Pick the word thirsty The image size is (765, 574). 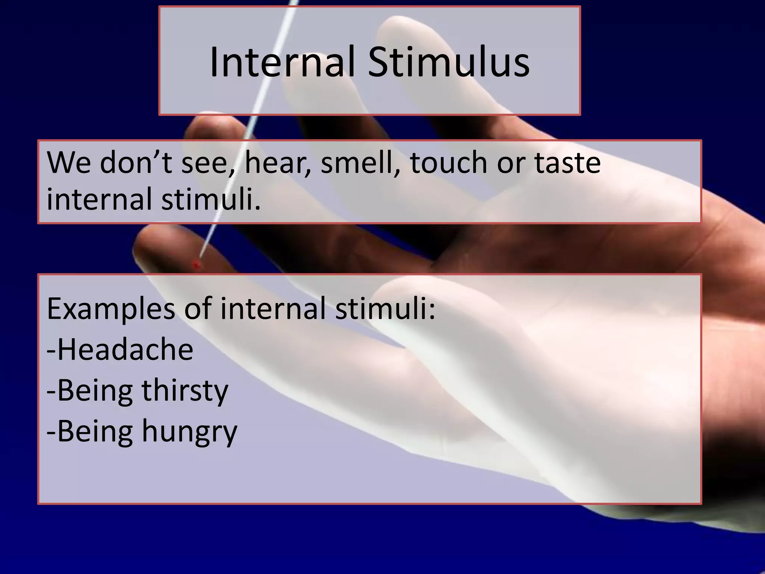[x=185, y=391]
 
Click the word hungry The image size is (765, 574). [x=189, y=432]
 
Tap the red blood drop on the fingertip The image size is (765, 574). [x=196, y=265]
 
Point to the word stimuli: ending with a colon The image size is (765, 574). [x=385, y=309]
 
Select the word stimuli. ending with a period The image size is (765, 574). [x=211, y=199]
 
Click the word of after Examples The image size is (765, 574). [x=197, y=309]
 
